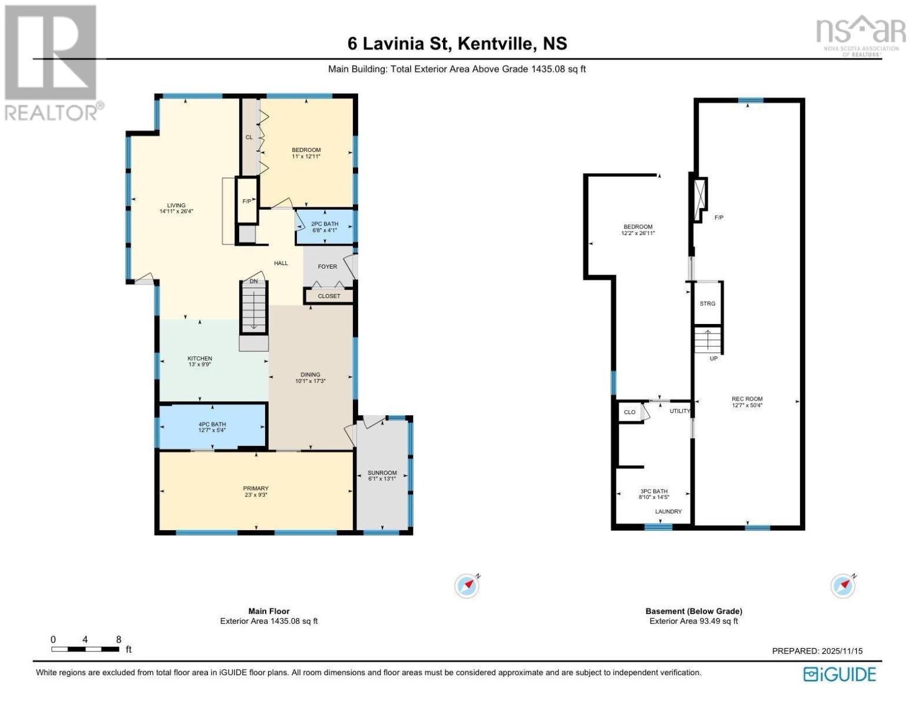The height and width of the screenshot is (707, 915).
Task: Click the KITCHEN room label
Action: [200, 359]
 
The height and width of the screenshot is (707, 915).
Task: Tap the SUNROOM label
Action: [382, 473]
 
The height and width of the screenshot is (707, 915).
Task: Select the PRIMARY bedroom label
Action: [256, 488]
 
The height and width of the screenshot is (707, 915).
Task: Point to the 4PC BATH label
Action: [212, 425]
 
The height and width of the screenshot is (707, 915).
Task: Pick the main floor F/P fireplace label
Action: [247, 201]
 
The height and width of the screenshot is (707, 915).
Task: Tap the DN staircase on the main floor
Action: [254, 307]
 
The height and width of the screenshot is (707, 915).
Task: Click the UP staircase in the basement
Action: [708, 341]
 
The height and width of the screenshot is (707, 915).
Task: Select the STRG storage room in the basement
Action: [708, 304]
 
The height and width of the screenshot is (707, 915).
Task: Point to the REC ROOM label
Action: [747, 399]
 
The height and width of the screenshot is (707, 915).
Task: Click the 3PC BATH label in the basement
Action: [653, 491]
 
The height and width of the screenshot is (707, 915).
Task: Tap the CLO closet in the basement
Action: [630, 412]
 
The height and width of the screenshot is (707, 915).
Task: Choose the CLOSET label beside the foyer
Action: [329, 296]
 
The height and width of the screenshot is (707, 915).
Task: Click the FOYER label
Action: [328, 267]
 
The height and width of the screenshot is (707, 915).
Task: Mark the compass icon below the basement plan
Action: [843, 586]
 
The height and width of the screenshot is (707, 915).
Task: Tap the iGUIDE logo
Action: [839, 674]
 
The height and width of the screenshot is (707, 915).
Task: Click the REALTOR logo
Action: [52, 62]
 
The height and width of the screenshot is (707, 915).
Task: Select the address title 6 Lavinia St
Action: [457, 44]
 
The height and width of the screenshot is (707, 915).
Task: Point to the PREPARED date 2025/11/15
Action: [817, 651]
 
